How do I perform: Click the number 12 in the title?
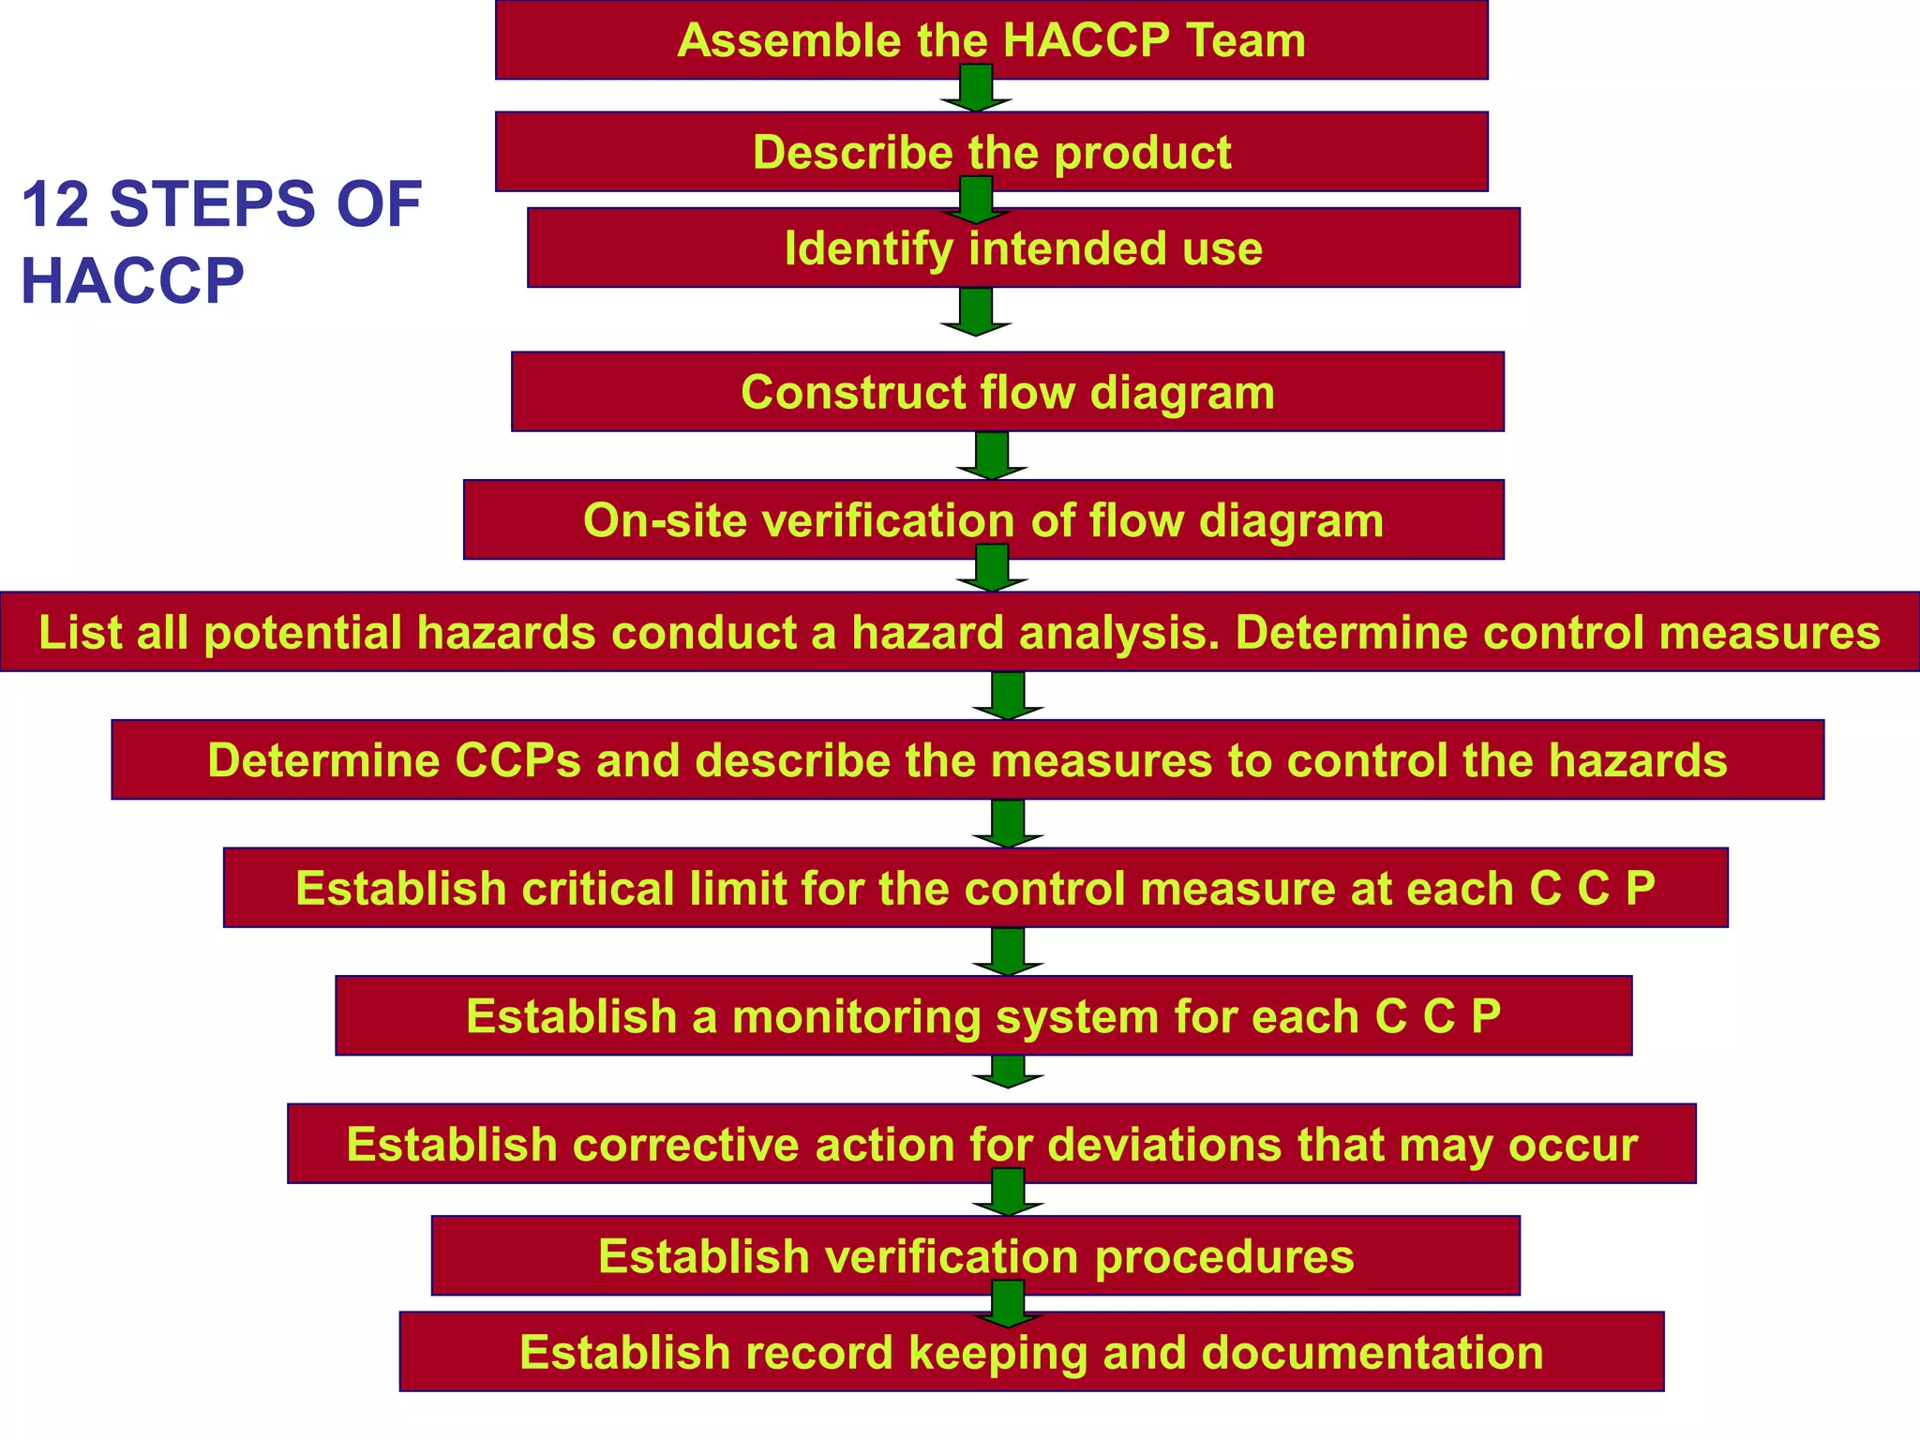point(55,204)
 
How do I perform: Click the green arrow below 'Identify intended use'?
point(976,312)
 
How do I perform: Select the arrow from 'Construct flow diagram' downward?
point(992,456)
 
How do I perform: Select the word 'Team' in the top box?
point(1246,40)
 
